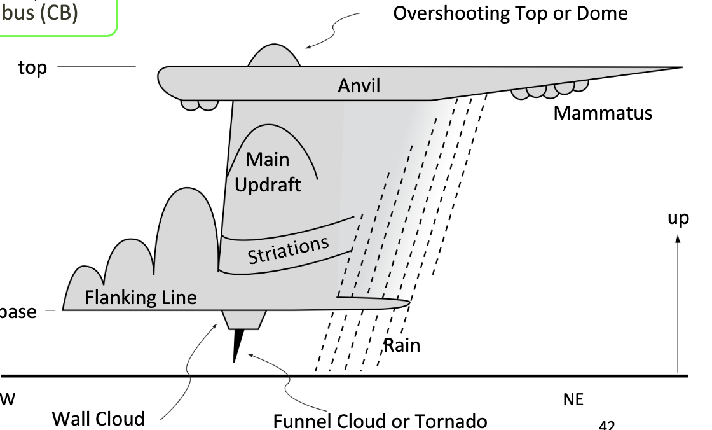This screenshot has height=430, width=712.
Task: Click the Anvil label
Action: pos(359,85)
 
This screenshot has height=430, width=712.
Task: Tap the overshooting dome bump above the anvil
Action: pos(274,57)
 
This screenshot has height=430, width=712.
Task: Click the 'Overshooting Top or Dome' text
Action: pos(510,13)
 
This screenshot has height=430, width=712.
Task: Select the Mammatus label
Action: pos(602,113)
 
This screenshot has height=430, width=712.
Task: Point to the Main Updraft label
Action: pos(268,171)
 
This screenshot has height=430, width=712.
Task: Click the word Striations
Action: pos(289,249)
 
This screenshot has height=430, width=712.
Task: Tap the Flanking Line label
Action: pos(140,297)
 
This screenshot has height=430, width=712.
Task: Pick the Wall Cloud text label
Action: pos(98,419)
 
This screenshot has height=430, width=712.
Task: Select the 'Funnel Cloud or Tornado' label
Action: pos(380,420)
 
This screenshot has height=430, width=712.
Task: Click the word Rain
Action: pos(401,345)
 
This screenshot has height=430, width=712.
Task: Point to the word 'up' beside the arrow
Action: pos(678,218)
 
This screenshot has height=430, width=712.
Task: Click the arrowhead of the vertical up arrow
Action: pos(678,239)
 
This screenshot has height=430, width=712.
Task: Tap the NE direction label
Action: pos(573,399)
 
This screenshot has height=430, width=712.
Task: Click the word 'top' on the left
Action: pos(32,67)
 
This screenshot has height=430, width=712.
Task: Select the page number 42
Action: pos(606,424)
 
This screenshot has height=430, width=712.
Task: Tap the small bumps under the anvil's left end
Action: pos(199,104)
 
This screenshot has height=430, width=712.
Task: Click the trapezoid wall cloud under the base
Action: pos(244,320)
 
